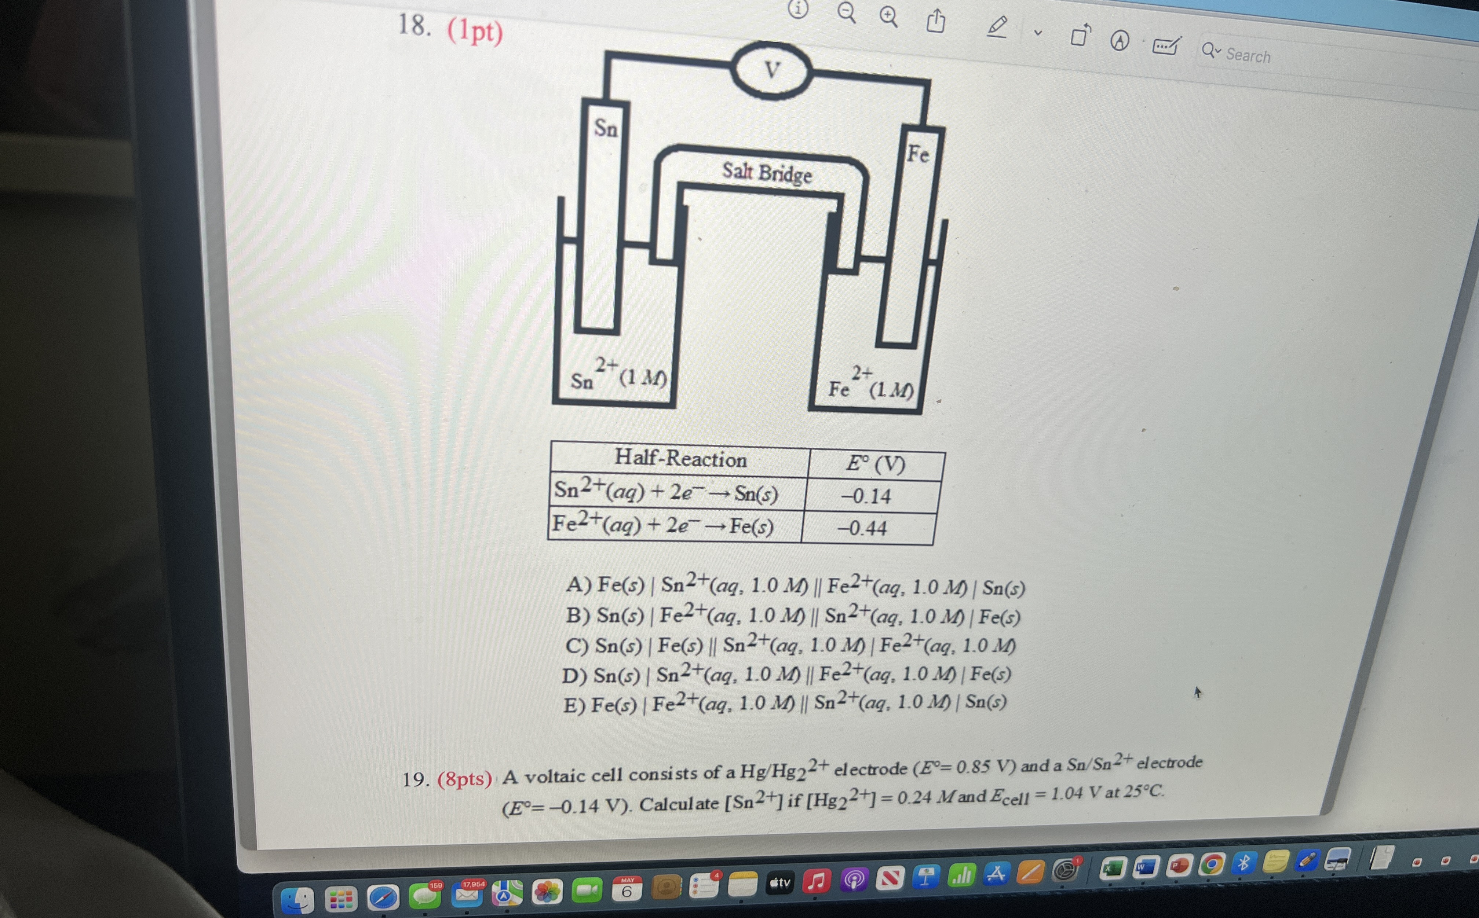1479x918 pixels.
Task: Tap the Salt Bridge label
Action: point(767,172)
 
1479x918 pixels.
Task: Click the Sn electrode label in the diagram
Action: point(606,128)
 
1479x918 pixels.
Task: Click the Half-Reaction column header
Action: point(680,458)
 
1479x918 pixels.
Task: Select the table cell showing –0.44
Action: point(868,528)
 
